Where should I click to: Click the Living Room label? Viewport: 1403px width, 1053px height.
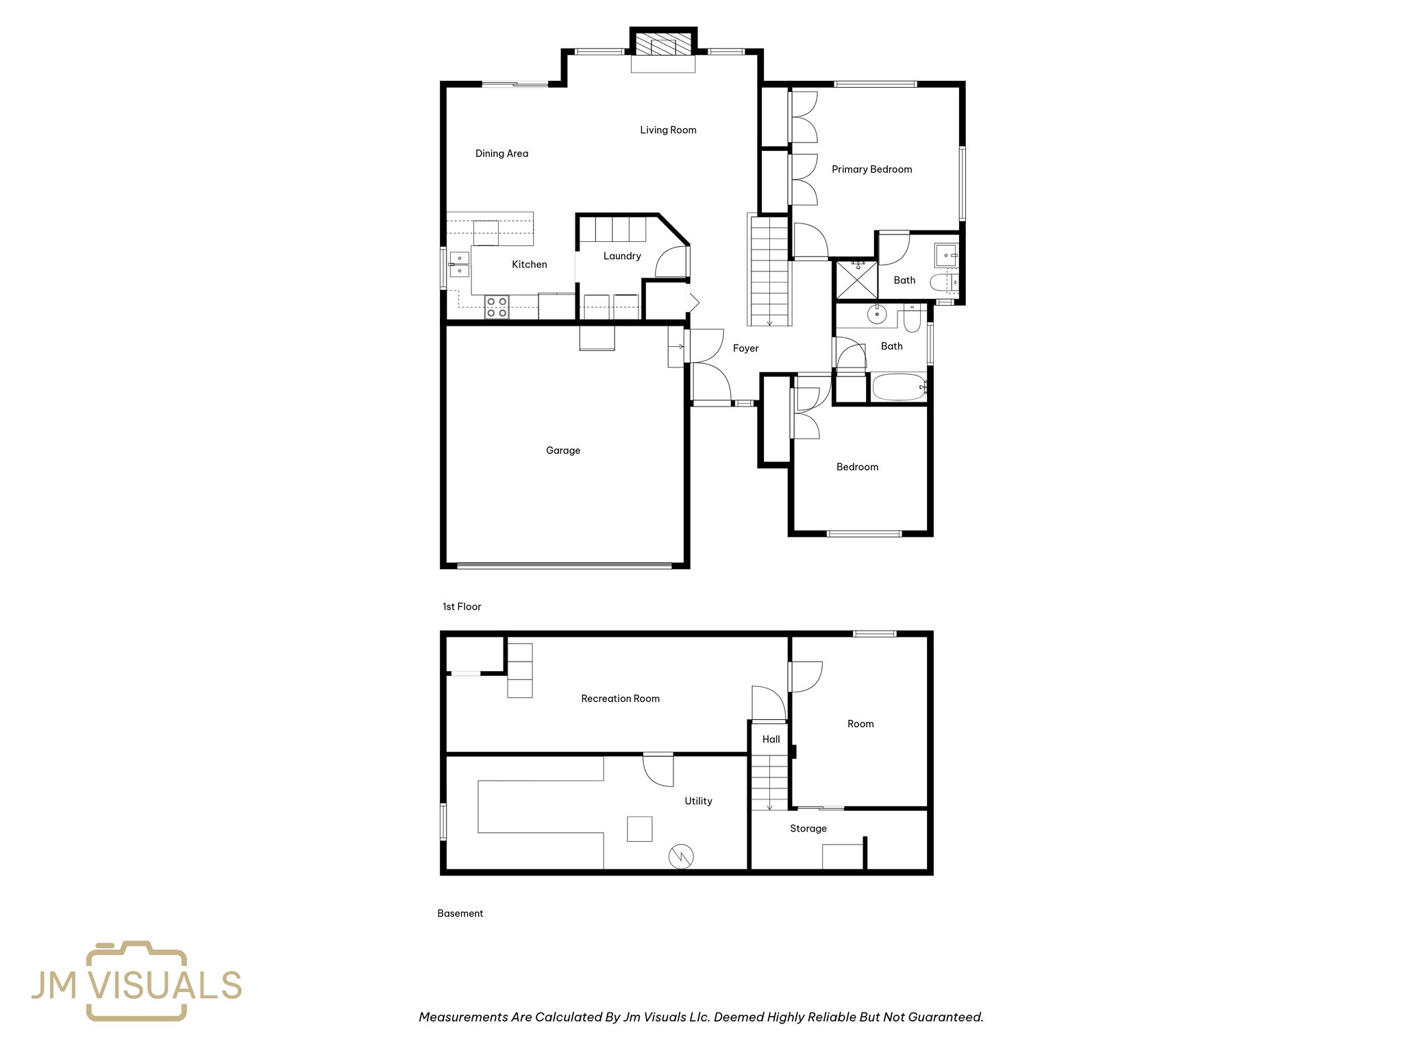[668, 130]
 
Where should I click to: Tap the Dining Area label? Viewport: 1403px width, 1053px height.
[501, 154]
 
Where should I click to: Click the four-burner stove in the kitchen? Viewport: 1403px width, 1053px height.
[497, 307]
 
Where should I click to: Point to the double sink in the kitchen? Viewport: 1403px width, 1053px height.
[459, 265]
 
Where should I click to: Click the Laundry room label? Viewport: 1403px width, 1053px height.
[622, 256]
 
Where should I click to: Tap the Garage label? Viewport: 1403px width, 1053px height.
[563, 450]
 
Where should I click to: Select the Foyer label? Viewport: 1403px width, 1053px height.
[745, 348]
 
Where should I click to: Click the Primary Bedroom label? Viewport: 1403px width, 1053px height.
[871, 169]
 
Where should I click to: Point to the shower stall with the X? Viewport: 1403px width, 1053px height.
[856, 280]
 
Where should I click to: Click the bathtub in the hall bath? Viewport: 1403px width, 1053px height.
[898, 388]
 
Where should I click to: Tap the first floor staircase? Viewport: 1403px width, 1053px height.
[770, 271]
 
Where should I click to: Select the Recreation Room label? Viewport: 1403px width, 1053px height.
[620, 699]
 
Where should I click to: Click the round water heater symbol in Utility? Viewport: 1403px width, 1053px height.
[681, 856]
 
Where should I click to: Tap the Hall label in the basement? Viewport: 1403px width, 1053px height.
[771, 739]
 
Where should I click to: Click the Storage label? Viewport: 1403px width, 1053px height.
[808, 828]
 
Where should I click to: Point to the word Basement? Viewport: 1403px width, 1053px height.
[460, 913]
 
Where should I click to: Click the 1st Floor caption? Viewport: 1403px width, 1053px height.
[462, 607]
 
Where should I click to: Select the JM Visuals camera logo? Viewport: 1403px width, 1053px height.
[136, 981]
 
